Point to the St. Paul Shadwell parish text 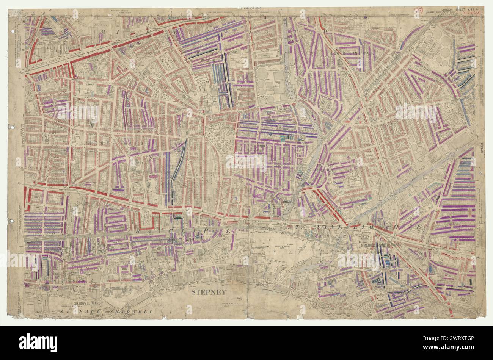[x=106, y=311]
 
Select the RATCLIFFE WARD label [x=180, y=239]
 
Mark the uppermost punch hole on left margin [x=12, y=32]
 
